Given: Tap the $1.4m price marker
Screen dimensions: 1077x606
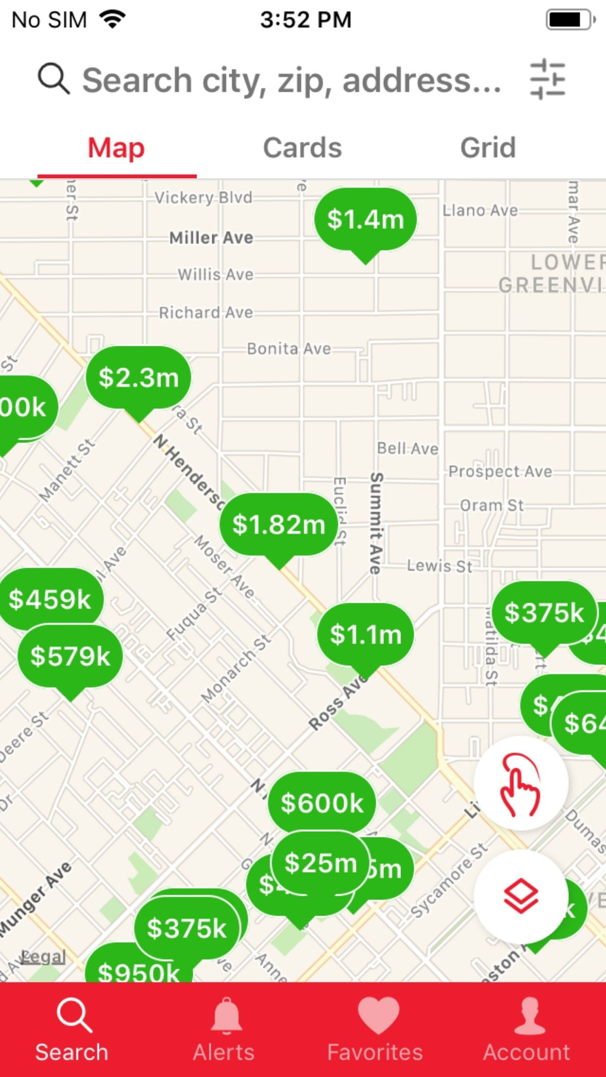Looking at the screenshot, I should (365, 219).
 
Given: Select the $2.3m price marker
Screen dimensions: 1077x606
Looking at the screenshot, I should (138, 378).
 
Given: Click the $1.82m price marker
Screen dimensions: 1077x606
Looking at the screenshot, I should (279, 525).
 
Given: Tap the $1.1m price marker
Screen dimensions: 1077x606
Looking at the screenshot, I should (365, 634).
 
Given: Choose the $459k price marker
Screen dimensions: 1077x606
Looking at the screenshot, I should (50, 599).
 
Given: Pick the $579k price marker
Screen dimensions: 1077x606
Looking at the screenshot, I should (70, 656).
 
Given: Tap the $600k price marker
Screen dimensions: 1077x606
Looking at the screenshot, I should (321, 803).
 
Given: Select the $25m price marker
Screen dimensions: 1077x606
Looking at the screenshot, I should (320, 863).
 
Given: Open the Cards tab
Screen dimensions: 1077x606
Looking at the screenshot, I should (302, 148).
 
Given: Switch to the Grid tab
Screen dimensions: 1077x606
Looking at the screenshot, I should (488, 148).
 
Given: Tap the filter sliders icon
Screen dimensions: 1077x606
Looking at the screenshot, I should (547, 79).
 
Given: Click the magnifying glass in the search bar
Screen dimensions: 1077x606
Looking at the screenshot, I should (53, 79).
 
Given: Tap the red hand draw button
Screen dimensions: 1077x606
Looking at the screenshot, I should (520, 784).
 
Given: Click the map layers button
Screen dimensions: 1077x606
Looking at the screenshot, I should (520, 896).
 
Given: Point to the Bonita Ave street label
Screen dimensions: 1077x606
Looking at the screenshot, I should (289, 349).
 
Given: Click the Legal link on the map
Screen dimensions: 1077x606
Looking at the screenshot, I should (43, 957).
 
